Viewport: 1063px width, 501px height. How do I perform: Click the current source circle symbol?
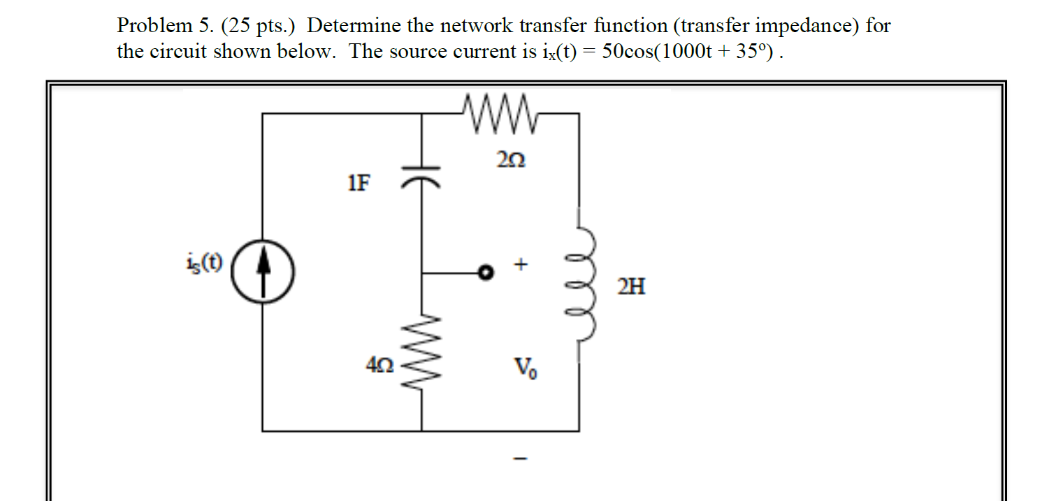pos(262,272)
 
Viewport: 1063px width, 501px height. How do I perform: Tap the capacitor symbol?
pos(421,175)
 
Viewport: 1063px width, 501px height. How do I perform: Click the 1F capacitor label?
pos(360,184)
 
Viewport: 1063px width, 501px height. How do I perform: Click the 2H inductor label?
pos(631,286)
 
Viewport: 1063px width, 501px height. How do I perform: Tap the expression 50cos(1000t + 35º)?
pos(689,52)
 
